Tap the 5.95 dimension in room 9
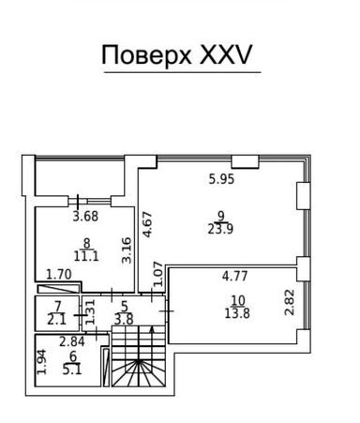(x=221, y=177)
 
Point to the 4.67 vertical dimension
(x=147, y=225)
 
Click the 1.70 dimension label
(x=59, y=275)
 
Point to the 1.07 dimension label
(x=159, y=274)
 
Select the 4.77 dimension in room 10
(x=235, y=277)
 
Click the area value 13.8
(x=237, y=313)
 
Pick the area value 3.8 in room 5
(x=124, y=318)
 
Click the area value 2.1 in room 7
(x=58, y=319)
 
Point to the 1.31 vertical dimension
(x=91, y=310)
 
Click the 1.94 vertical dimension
(x=42, y=361)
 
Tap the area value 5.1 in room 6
(x=72, y=369)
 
